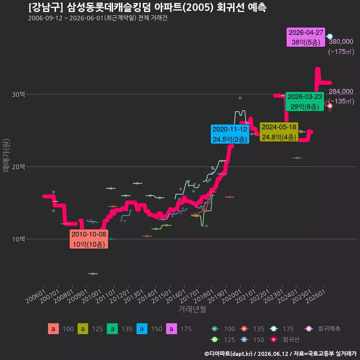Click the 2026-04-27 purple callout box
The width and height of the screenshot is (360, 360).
306,37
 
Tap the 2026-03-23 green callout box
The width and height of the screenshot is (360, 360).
304,102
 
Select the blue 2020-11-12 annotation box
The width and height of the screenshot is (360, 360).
230,134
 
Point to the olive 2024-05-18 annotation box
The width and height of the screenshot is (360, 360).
279,132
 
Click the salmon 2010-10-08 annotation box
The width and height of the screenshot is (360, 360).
89,239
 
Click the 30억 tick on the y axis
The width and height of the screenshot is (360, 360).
18,94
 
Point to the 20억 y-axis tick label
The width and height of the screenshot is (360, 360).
18,166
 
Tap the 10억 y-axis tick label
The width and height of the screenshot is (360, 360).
18,239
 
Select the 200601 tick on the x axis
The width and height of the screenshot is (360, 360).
36,296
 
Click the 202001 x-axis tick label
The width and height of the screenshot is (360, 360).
232,296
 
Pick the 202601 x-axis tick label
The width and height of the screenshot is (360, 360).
316,296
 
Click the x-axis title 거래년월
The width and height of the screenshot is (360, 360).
192,309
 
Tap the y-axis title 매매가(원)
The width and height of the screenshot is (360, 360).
6,155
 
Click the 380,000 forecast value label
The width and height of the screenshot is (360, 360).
341,42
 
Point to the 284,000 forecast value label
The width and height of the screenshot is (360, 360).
341,91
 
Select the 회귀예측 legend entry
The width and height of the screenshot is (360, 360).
322,329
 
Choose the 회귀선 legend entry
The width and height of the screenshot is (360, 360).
284,340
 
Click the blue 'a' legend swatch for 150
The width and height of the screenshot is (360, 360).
142,329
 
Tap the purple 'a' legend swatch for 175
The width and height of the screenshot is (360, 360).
171,329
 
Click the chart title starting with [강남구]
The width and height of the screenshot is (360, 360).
147,7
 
